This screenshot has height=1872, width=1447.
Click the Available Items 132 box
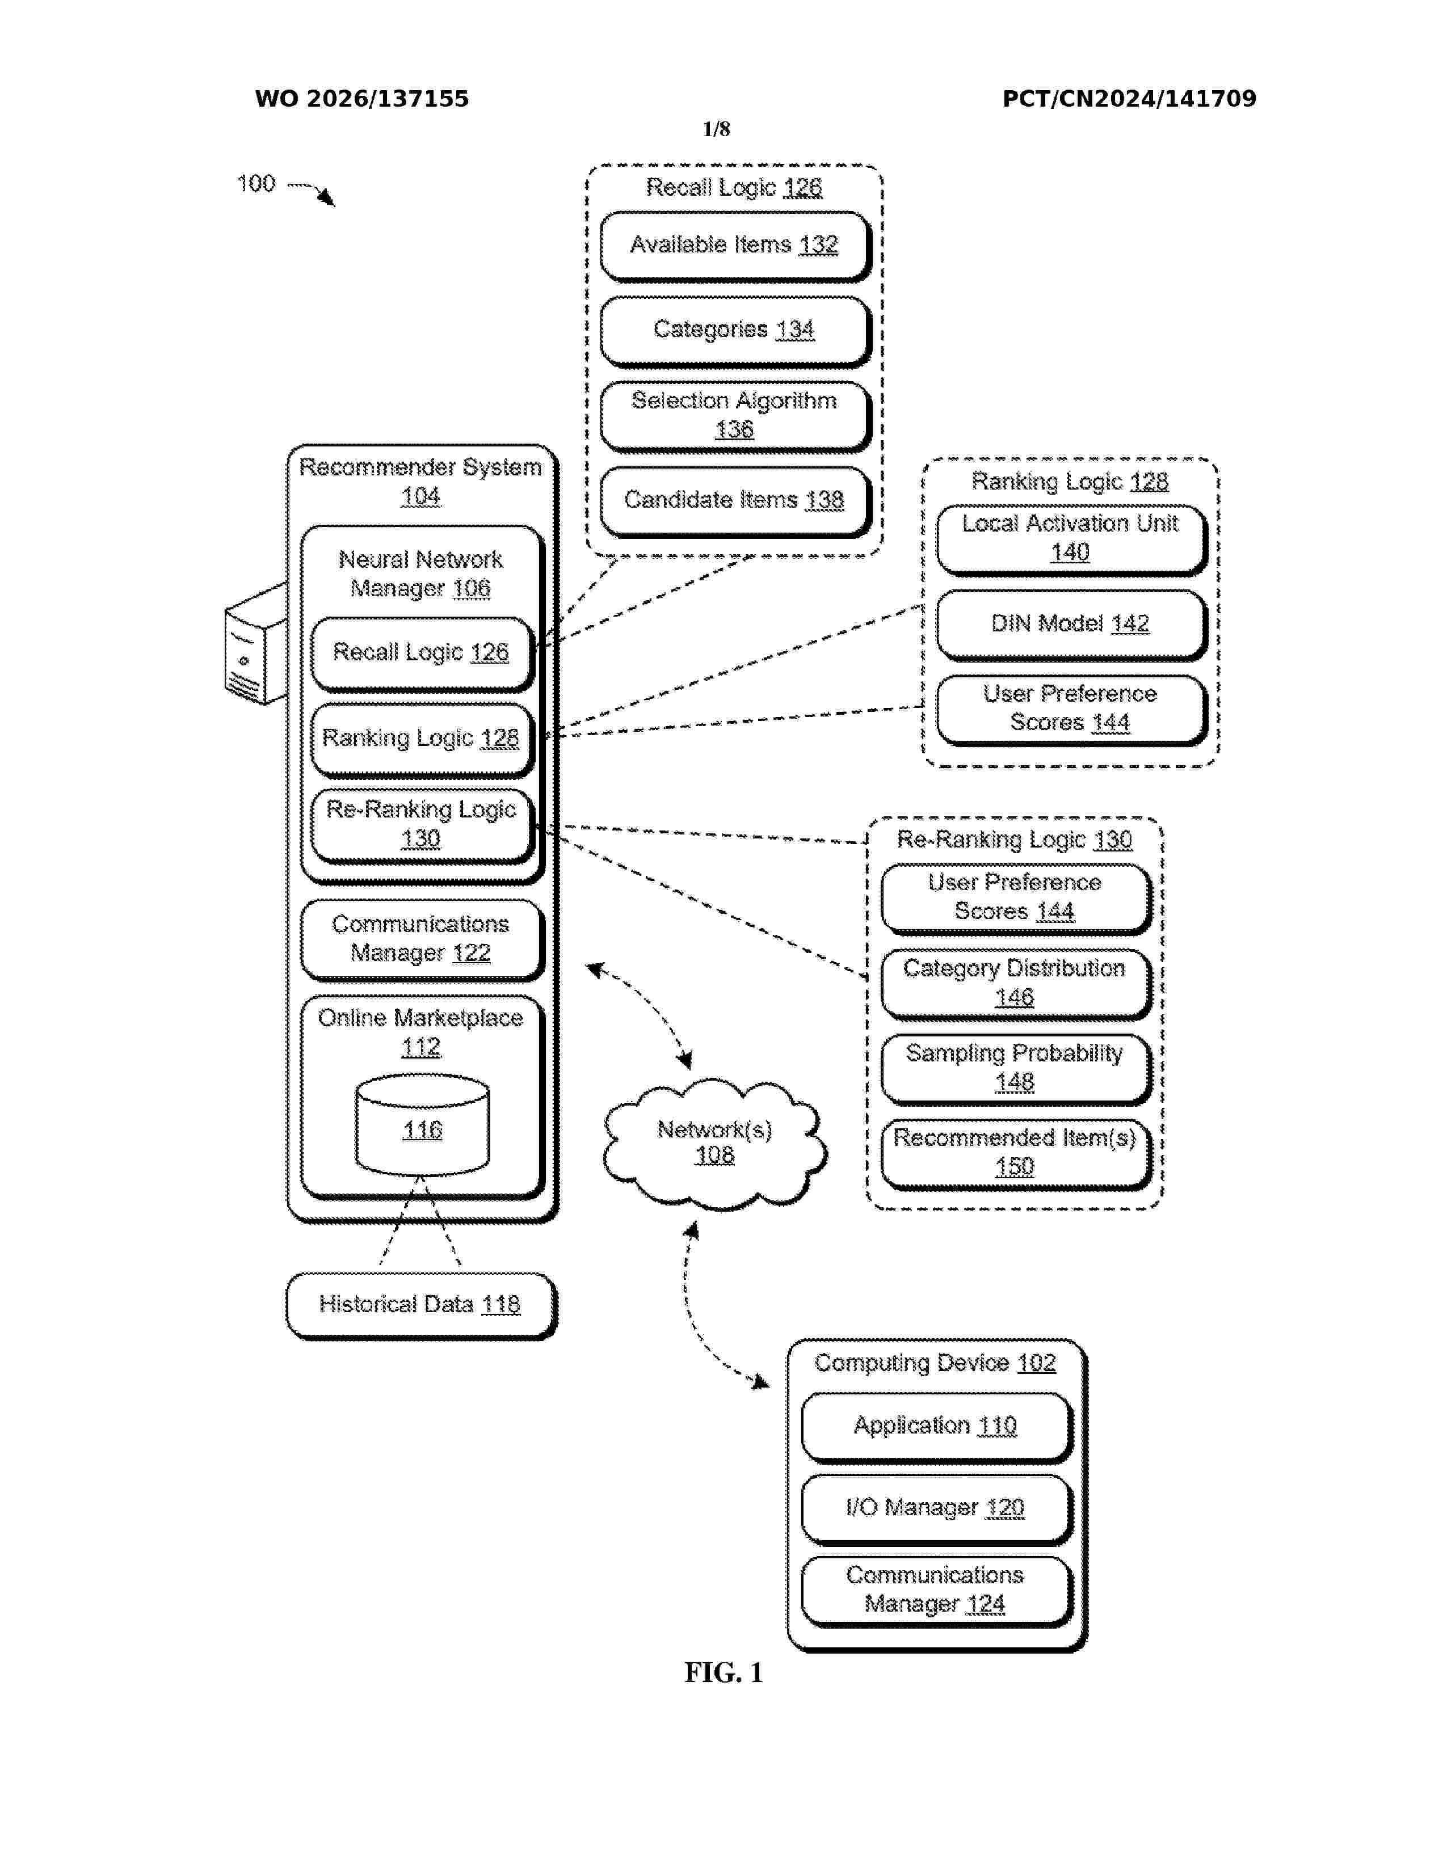click(735, 246)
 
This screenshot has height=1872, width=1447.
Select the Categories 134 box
click(735, 331)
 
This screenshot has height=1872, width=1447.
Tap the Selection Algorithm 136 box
click(735, 416)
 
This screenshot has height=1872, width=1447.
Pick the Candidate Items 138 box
click(735, 501)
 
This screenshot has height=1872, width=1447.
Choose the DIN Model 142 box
click(1071, 625)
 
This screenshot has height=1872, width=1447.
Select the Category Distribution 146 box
click(1016, 984)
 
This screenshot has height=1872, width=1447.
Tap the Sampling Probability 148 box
click(1016, 1069)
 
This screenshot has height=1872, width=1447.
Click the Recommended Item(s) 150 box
click(1016, 1154)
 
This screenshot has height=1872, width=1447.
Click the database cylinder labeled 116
click(423, 1125)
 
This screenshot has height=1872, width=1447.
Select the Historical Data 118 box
click(422, 1305)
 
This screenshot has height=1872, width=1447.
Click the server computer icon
click(255, 644)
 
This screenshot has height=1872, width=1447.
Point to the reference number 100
click(255, 183)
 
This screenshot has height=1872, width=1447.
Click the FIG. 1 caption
click(724, 1672)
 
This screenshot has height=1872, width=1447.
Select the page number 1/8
click(716, 129)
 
